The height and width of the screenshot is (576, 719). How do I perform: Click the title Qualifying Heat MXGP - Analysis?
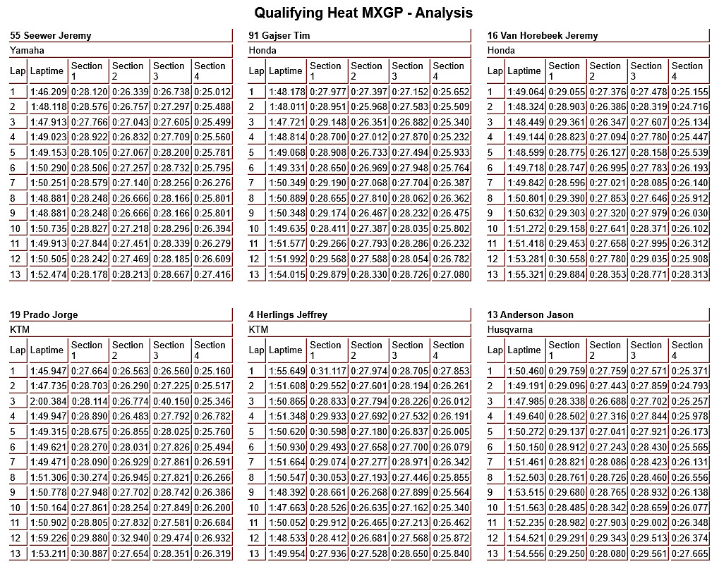coord(363,13)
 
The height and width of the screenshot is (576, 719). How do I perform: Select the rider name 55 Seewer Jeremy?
coord(51,35)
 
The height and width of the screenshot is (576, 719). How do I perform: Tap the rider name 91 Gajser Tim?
coord(279,35)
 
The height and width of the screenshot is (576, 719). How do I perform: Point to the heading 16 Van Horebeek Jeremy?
coord(543,35)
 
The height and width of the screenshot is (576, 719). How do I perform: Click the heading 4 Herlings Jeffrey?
coord(288,314)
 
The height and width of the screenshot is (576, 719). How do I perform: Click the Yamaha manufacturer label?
coord(27,50)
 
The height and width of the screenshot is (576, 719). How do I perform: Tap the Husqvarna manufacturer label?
coord(509,329)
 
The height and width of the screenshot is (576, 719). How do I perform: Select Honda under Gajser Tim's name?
coord(262,50)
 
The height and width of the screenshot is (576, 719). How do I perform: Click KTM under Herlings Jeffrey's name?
coord(259,329)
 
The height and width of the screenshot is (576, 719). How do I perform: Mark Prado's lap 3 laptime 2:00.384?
coord(48,401)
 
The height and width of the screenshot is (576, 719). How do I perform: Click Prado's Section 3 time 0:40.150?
coord(171,401)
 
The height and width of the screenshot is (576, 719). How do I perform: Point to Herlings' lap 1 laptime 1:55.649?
coord(286,371)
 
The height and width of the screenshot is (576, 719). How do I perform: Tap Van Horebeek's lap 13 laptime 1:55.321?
coord(525,274)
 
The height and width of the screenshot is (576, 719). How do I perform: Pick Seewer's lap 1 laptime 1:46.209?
coord(48,92)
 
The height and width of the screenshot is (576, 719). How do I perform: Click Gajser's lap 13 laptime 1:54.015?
coord(286,274)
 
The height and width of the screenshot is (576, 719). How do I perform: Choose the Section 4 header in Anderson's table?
coord(687,350)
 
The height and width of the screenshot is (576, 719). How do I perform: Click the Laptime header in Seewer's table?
coord(47,71)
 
